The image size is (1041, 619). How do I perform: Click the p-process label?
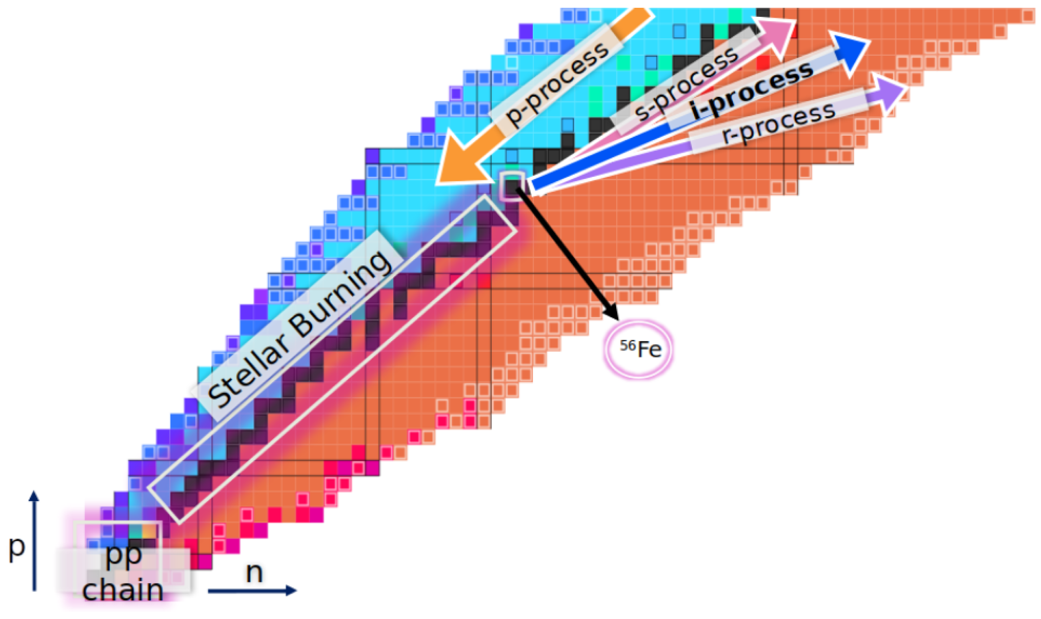[x=557, y=84]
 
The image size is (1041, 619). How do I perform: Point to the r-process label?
[x=779, y=124]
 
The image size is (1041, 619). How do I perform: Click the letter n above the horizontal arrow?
[x=254, y=573]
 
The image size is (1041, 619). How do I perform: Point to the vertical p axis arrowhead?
[x=34, y=496]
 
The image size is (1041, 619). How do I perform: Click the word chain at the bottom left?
[x=123, y=590]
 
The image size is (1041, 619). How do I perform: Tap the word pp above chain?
[x=124, y=555]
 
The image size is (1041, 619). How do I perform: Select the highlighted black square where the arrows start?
[x=512, y=186]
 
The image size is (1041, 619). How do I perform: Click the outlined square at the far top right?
[x=1028, y=16]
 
